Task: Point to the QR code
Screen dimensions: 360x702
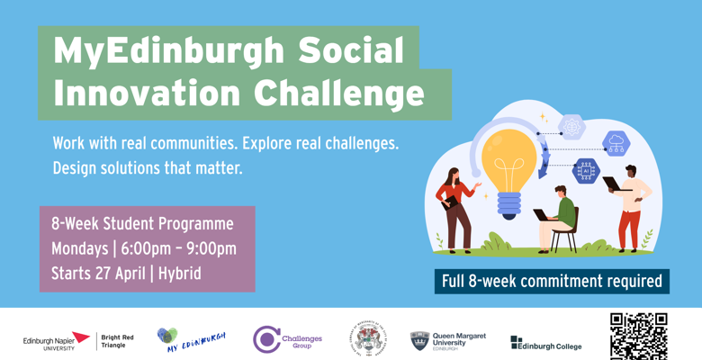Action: pyautogui.click(x=638, y=336)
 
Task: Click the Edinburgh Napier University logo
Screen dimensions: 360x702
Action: pyautogui.click(x=56, y=341)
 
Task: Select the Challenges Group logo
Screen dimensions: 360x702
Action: pyautogui.click(x=287, y=339)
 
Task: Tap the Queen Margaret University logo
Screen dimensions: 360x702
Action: pyautogui.click(x=447, y=340)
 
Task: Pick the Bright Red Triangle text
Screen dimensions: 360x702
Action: pyautogui.click(x=118, y=341)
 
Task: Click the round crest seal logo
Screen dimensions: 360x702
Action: pyautogui.click(x=369, y=339)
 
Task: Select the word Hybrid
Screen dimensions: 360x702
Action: pyautogui.click(x=180, y=273)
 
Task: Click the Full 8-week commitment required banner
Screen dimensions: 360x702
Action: pyautogui.click(x=551, y=281)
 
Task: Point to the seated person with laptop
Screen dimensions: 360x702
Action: pyautogui.click(x=558, y=216)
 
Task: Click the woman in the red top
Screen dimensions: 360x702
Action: pyautogui.click(x=454, y=207)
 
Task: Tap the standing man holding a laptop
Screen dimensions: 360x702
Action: pyautogui.click(x=630, y=205)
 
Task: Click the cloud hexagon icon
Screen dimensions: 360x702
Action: pyautogui.click(x=616, y=142)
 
